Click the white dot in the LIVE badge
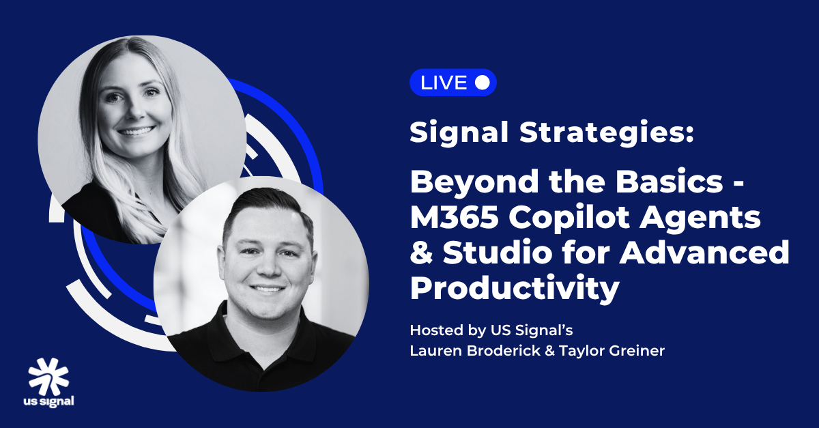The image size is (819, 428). pyautogui.click(x=483, y=83)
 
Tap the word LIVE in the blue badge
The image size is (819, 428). pyautogui.click(x=444, y=83)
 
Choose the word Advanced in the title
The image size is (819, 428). pyautogui.click(x=704, y=252)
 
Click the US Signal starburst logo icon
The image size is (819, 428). pyautogui.click(x=48, y=377)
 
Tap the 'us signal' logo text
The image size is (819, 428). pyautogui.click(x=48, y=401)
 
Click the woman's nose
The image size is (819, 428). pyautogui.click(x=135, y=109)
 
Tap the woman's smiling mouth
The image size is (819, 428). pyautogui.click(x=136, y=131)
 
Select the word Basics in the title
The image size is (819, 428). pyautogui.click(x=669, y=182)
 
